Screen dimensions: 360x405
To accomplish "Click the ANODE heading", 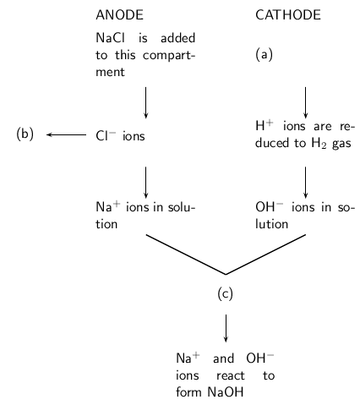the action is [119, 15].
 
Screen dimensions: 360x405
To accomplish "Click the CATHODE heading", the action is [288, 15].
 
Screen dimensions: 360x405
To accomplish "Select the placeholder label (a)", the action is [264, 54].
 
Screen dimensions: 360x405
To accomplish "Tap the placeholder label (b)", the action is [25, 134].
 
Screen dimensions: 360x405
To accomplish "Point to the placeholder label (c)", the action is [226, 293].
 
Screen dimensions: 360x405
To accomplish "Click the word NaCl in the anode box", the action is [110, 38].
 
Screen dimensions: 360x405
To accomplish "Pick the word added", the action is [177, 38].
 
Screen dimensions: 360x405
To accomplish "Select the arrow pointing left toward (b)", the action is [67, 134].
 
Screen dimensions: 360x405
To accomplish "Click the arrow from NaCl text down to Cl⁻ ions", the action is [145, 102].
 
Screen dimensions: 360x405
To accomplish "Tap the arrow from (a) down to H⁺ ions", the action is [305, 102].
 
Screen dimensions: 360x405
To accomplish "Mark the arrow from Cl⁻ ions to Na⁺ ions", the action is [145, 183].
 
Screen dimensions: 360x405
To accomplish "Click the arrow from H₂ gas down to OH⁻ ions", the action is [305, 183].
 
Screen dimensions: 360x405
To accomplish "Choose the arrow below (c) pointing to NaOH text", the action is [226, 328].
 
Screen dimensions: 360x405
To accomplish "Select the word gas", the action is [341, 144].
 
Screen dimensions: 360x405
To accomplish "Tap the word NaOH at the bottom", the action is [226, 392].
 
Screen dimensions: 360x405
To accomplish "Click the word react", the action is [231, 375].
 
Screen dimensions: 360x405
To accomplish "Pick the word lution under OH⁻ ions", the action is [271, 224].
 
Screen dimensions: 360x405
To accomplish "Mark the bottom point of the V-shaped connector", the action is [226, 274].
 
